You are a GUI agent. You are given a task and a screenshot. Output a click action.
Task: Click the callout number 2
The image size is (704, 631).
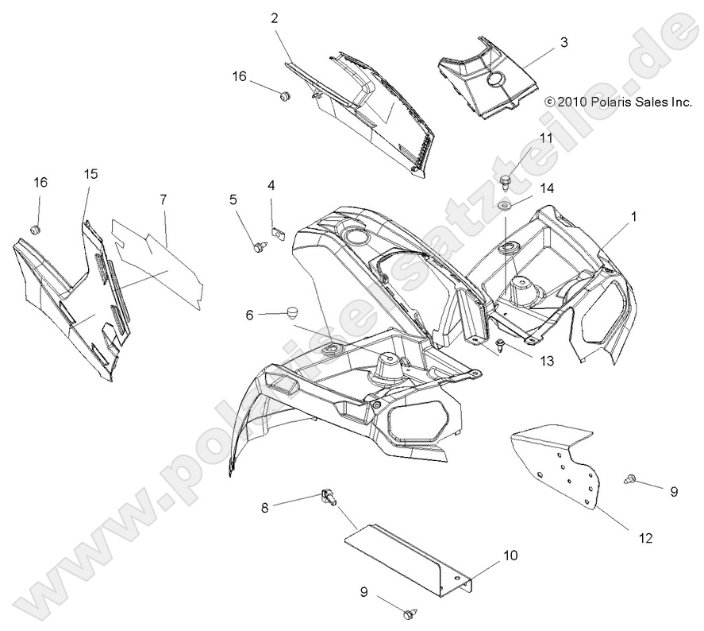click(x=274, y=17)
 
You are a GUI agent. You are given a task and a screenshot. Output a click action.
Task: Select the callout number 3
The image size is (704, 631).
click(x=564, y=43)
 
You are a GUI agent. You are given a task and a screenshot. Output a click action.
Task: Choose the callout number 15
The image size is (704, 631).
click(x=91, y=174)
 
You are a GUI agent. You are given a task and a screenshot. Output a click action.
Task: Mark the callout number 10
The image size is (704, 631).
click(x=511, y=556)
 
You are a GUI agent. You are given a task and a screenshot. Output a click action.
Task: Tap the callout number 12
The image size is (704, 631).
click(x=644, y=538)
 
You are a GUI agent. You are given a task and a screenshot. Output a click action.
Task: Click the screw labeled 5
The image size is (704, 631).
click(x=259, y=247)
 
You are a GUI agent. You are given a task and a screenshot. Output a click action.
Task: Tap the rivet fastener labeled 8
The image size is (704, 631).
click(x=327, y=497)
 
